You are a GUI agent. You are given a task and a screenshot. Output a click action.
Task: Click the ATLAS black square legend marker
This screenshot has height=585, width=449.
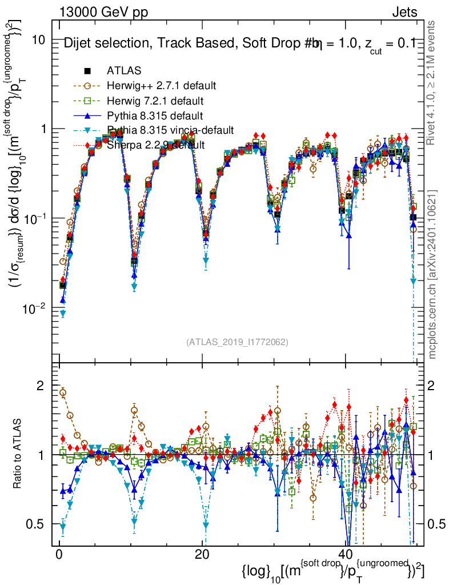pos(87,71)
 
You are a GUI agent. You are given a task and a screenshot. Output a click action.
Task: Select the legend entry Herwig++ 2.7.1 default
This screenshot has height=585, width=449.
pos(161,86)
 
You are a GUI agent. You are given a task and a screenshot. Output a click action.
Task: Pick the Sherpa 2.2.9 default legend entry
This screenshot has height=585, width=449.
pos(156,145)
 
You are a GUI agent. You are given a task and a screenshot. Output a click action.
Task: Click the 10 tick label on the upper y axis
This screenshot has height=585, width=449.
pos(38,40)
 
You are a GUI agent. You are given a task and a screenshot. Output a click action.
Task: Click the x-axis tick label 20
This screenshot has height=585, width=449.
pos(202,555)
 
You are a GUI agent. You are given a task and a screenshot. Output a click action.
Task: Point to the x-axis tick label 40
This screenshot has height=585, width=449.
pos(345,555)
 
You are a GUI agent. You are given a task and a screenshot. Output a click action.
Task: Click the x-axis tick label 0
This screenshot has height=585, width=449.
pos(59,555)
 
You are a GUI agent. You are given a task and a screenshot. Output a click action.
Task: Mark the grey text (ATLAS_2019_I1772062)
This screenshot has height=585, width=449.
pos(236,342)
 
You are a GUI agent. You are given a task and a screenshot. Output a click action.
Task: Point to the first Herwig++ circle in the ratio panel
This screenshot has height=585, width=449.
pos(63,392)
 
